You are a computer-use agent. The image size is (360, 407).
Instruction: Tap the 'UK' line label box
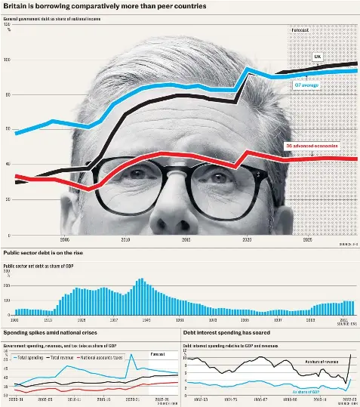tap(317, 57)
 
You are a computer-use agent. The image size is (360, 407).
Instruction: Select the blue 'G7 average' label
tap(306, 85)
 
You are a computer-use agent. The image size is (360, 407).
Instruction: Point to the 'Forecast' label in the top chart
tap(300, 29)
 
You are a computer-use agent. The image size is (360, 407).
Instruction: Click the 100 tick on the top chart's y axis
tap(7, 60)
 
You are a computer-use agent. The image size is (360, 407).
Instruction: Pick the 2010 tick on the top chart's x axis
tap(125, 239)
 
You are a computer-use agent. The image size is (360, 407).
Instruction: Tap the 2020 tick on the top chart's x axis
tap(247, 239)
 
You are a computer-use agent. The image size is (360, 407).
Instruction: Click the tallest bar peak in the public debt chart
tap(140, 280)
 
